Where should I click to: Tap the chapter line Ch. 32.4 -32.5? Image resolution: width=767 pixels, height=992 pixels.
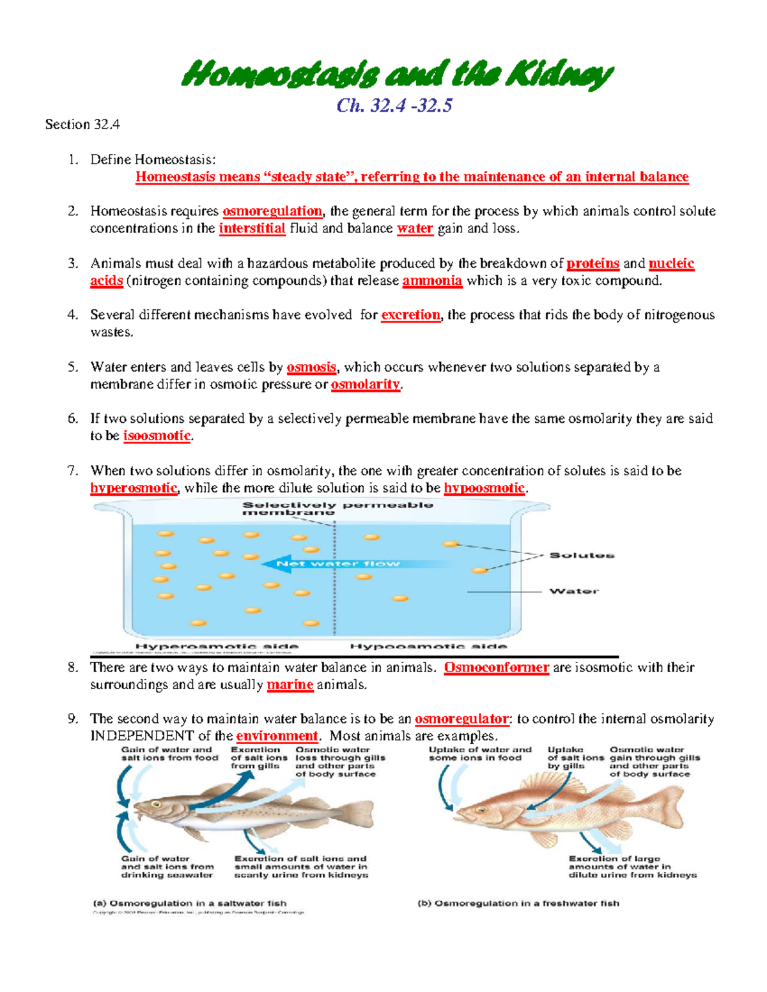click(394, 105)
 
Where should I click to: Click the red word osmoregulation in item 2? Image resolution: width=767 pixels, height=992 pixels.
click(272, 211)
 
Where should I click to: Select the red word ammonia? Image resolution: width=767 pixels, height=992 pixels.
click(432, 281)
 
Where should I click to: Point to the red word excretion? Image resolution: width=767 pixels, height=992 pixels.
click(410, 315)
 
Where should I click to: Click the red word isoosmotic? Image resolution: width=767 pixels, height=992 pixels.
click(157, 436)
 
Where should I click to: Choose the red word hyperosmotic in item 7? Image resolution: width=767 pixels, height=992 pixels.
click(134, 489)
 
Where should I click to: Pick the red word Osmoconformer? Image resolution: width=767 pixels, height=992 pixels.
click(496, 668)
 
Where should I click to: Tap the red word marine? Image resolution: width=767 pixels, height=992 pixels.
click(290, 685)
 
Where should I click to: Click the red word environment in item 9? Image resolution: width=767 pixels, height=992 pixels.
click(277, 736)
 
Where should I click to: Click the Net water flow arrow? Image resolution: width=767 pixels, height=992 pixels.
click(339, 563)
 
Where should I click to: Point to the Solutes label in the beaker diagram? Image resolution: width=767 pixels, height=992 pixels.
click(582, 555)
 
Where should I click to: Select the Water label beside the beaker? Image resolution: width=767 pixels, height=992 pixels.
click(573, 591)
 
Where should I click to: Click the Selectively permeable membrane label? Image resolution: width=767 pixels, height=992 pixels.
click(337, 508)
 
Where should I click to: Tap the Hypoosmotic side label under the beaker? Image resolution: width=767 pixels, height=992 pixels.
click(428, 646)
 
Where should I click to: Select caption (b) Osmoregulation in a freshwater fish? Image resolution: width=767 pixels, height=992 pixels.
click(518, 903)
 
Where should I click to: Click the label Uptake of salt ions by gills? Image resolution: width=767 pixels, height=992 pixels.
click(575, 758)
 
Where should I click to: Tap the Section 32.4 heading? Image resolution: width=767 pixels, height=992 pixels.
click(82, 125)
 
